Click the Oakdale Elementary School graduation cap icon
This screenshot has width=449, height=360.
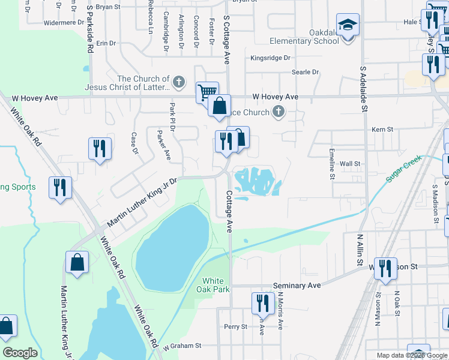click(x=348, y=25)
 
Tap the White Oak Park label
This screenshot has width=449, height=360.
click(x=213, y=285)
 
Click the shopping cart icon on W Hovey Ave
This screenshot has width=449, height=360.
click(x=207, y=92)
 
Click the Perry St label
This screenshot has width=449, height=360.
click(x=235, y=327)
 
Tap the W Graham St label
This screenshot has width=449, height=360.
click(x=181, y=346)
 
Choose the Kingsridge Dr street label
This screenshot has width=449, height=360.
click(x=270, y=58)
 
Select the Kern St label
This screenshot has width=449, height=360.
click(x=382, y=129)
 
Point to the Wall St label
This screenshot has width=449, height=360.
click(x=350, y=163)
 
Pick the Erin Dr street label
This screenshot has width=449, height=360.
click(x=106, y=43)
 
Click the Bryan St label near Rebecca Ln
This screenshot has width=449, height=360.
click(x=108, y=7)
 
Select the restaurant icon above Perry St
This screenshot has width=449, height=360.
click(x=262, y=303)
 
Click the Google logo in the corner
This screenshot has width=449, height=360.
click(x=20, y=353)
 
